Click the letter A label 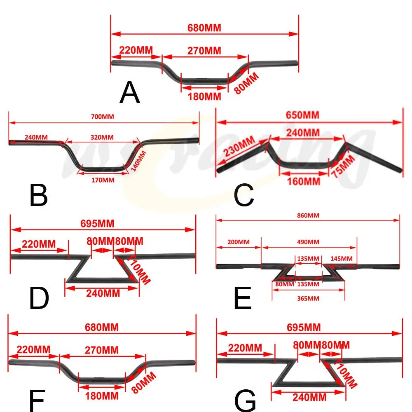pos(130,93)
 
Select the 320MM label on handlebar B pos(102,137)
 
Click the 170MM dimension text pos(103,180)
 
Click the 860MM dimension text pos(308,215)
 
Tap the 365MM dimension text pos(308,298)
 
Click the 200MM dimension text pos(239,241)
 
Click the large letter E pos(243,299)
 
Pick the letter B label pos(39,196)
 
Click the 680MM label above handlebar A pos(204,28)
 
